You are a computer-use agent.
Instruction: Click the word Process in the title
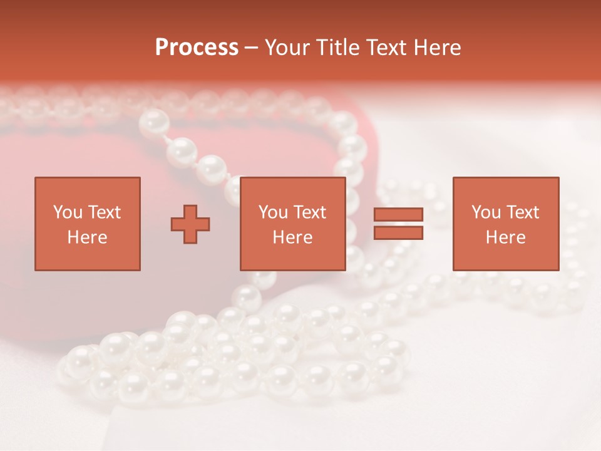pyautogui.click(x=197, y=47)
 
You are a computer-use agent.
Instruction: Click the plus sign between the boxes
pyautogui.click(x=190, y=224)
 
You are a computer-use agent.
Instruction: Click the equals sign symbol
pyautogui.click(x=398, y=224)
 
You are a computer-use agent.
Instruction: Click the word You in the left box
pyautogui.click(x=68, y=212)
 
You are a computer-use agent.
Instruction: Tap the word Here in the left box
pyautogui.click(x=87, y=237)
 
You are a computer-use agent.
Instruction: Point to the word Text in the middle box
pyautogui.click(x=310, y=212)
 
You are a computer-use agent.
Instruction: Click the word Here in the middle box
pyautogui.click(x=292, y=237)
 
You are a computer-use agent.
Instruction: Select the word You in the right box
pyautogui.click(x=486, y=212)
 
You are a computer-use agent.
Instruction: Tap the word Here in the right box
pyautogui.click(x=506, y=237)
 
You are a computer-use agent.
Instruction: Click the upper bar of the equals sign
pyautogui.click(x=398, y=215)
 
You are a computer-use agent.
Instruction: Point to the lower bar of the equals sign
pyautogui.click(x=398, y=232)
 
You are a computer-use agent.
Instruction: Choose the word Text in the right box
pyautogui.click(x=523, y=212)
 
